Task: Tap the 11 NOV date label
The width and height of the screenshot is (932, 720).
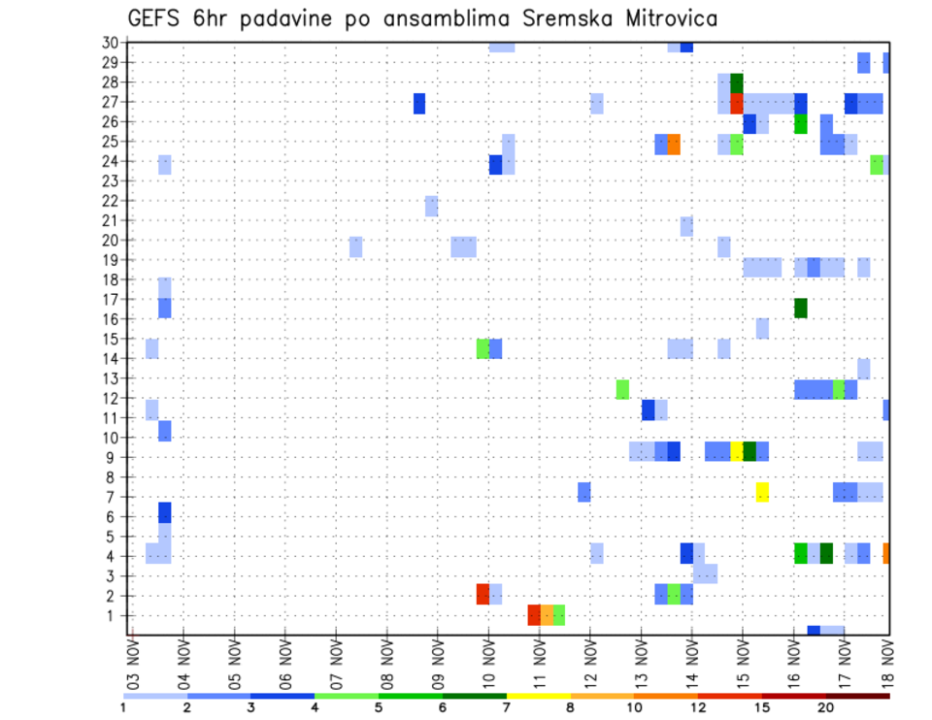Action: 537,663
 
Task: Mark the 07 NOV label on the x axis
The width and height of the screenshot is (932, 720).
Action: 335,663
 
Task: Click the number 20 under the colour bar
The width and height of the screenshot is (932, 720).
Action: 826,707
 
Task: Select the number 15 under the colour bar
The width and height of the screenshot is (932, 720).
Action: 762,707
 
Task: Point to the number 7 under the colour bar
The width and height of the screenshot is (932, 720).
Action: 507,707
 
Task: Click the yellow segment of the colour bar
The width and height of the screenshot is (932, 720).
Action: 538,696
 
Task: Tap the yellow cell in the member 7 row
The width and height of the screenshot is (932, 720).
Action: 762,492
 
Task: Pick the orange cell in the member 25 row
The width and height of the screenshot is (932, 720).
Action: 674,144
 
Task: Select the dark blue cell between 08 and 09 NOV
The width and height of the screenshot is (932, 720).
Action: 419,103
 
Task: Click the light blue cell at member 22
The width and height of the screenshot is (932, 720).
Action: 431,206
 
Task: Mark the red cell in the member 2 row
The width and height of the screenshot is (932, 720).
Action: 483,594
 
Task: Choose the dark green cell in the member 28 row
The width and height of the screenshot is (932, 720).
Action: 737,83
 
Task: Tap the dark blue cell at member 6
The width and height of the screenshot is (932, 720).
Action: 165,511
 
